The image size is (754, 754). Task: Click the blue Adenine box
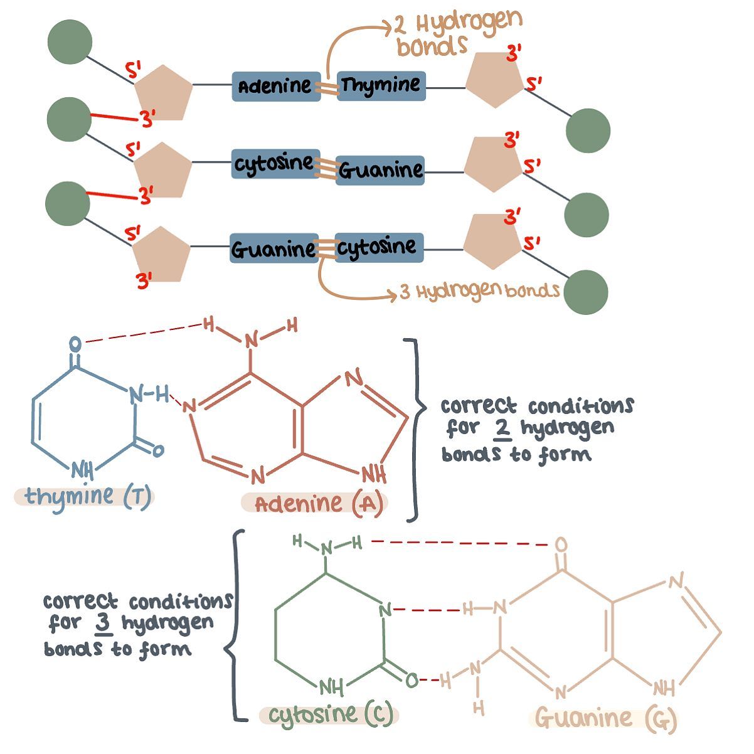click(276, 87)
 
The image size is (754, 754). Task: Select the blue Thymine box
click(381, 86)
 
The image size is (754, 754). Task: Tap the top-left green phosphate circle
click(70, 42)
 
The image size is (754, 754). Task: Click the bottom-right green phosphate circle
click(586, 292)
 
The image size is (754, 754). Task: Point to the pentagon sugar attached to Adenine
click(164, 93)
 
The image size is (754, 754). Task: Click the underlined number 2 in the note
click(502, 429)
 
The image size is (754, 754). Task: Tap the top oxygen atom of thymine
click(75, 344)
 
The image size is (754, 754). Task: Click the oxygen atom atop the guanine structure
click(561, 544)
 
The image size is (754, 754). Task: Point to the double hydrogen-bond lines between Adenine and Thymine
click(329, 89)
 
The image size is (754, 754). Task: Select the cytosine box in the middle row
click(275, 164)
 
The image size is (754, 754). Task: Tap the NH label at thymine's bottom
click(83, 470)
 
